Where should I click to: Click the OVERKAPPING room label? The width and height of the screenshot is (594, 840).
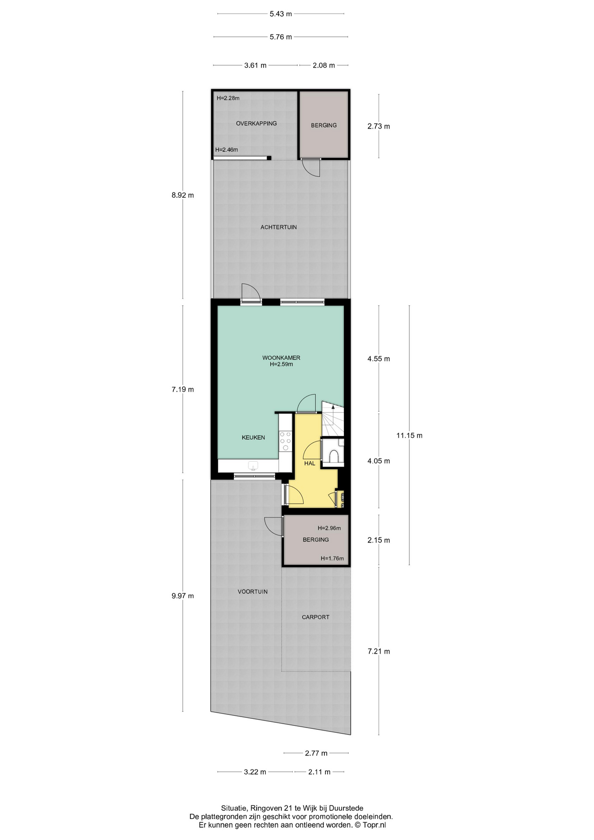coord(256,123)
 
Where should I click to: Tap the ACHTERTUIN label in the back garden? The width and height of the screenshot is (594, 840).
coord(279,227)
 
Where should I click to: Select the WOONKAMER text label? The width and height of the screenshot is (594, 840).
coord(281,357)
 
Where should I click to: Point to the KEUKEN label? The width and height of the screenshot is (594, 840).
coord(253,437)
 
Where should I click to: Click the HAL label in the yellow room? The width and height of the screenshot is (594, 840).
coord(310,463)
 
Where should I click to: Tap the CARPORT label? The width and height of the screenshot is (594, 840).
coord(315,617)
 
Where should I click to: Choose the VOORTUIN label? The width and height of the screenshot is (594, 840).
coord(252,591)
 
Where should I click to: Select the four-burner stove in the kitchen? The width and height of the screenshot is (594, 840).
coord(286,441)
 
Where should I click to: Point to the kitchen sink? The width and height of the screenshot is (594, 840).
coord(253,465)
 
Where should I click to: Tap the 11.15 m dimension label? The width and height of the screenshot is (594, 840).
coord(409,435)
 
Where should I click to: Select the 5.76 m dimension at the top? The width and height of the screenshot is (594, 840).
coord(281,37)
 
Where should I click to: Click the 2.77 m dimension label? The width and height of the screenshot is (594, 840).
coord(316,753)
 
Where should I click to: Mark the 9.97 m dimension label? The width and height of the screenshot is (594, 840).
coord(183,596)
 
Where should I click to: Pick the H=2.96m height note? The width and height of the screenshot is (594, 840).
coord(329,528)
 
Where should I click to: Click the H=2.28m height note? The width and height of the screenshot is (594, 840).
coord(228,98)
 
